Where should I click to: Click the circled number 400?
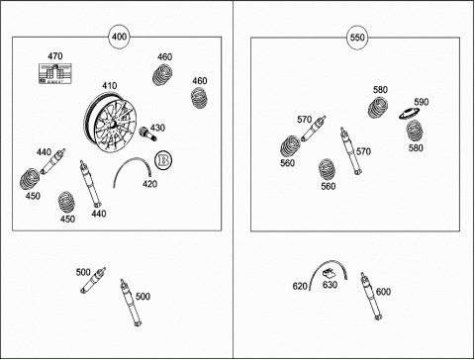click(x=119, y=37)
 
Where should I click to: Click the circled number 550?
click(x=357, y=38)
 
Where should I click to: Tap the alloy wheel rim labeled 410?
click(x=110, y=122)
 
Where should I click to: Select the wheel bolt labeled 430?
click(x=146, y=134)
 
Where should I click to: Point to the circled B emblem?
click(x=163, y=160)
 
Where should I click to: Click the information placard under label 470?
click(x=55, y=73)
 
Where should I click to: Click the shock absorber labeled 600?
click(x=371, y=296)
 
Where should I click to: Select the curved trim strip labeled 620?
click(x=328, y=262)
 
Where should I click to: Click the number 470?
click(x=55, y=56)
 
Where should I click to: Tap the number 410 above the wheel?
click(x=109, y=86)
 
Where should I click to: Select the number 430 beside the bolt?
click(x=157, y=128)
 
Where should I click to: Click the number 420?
click(x=149, y=184)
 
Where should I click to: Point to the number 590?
click(x=422, y=102)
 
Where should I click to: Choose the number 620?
click(x=300, y=286)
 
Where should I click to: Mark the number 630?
click(x=330, y=285)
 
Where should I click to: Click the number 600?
click(x=383, y=292)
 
